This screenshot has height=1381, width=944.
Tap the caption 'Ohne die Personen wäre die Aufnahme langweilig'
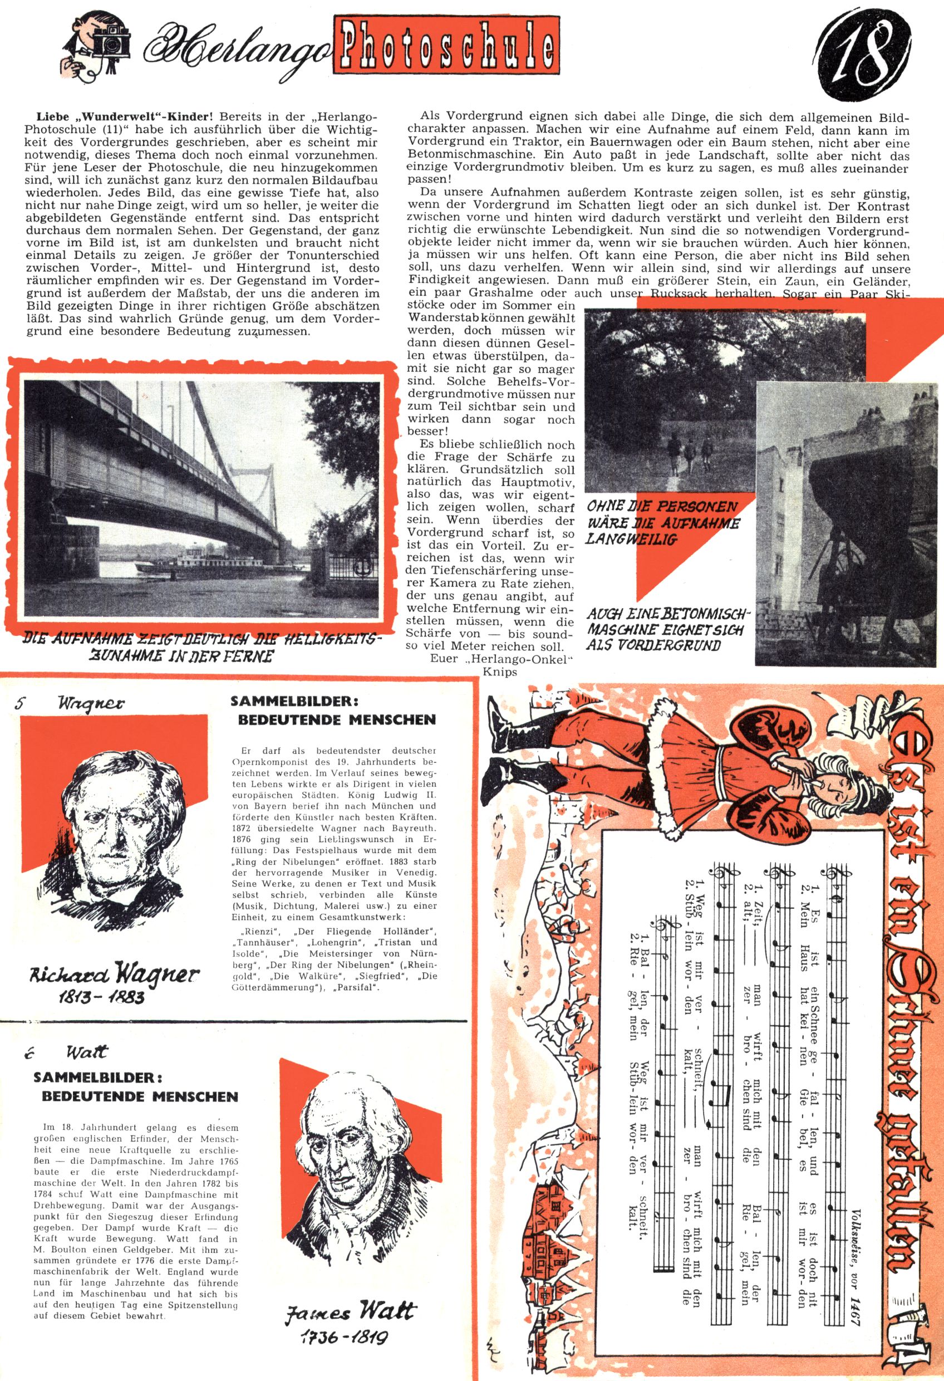(x=662, y=523)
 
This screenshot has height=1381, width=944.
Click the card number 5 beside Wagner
(x=20, y=704)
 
